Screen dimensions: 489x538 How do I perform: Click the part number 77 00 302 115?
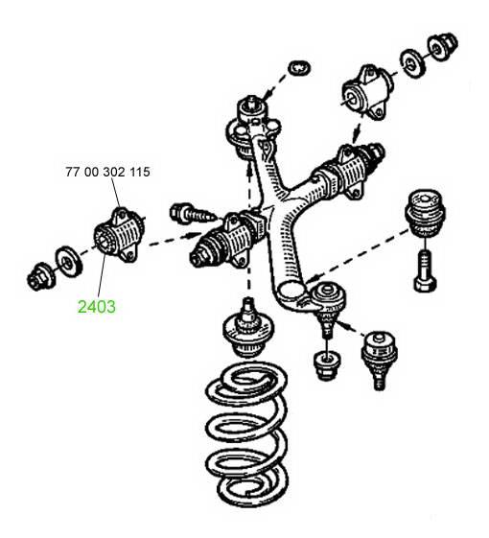click(x=107, y=172)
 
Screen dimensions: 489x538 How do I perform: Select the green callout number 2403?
click(x=97, y=306)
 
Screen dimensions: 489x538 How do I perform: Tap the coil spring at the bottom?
click(x=246, y=433)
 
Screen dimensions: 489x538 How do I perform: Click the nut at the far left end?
click(x=41, y=276)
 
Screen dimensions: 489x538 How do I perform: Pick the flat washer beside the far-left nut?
click(x=69, y=262)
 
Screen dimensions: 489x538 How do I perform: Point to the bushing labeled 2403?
click(x=119, y=235)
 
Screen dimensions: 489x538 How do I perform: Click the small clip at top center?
click(x=301, y=67)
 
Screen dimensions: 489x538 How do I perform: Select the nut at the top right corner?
click(x=442, y=47)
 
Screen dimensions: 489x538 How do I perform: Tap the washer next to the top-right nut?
click(x=412, y=64)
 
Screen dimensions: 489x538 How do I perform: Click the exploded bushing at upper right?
click(x=368, y=93)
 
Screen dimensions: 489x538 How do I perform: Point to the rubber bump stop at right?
click(x=425, y=213)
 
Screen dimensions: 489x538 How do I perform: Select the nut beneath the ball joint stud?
click(x=327, y=365)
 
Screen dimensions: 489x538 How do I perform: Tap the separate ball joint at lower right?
click(x=379, y=360)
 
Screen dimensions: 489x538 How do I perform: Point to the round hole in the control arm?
click(x=291, y=291)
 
